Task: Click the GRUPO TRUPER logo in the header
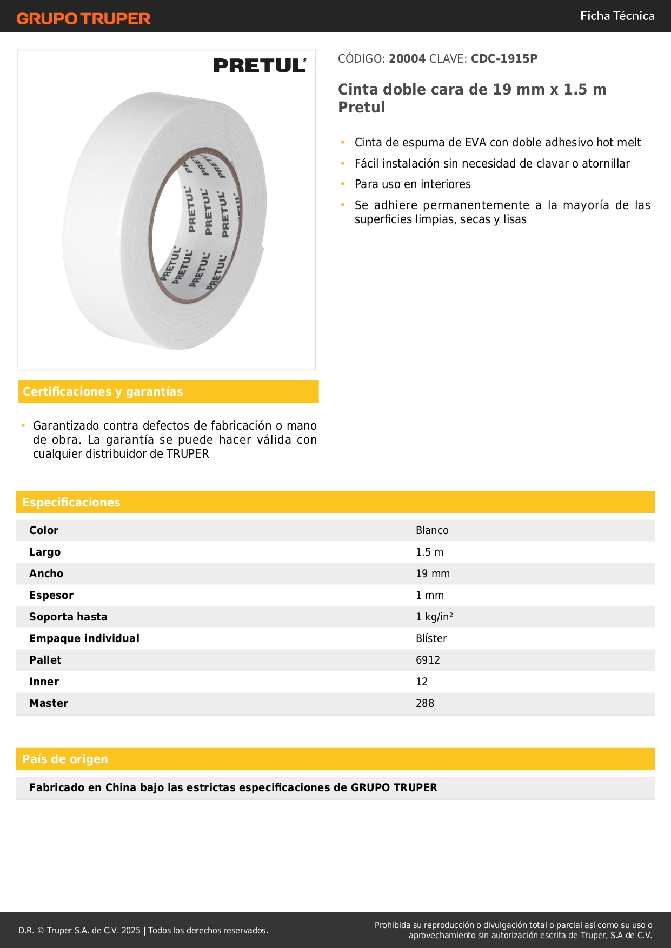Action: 84,18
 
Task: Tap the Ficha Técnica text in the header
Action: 617,16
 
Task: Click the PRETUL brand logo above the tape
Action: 260,65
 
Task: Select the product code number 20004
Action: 407,59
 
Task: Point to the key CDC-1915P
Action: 504,59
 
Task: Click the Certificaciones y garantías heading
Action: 103,392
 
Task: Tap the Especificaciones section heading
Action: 71,503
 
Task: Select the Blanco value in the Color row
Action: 432,531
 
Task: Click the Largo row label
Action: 45,552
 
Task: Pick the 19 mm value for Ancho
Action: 433,574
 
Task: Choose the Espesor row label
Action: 51,596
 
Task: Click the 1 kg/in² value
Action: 434,617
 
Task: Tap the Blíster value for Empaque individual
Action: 431,639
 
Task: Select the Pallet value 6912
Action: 428,660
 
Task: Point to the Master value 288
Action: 425,704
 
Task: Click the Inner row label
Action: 44,682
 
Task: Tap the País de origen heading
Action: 65,759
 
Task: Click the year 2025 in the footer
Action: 131,931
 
